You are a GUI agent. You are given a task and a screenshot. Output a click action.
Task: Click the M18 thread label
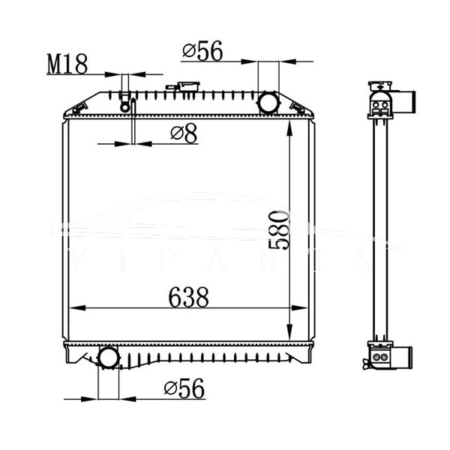point(67,64)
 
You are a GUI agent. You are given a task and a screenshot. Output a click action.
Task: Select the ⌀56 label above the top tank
point(202,51)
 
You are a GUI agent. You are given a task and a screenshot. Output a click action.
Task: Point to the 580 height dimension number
point(278,231)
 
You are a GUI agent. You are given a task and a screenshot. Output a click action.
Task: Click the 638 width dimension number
point(187,297)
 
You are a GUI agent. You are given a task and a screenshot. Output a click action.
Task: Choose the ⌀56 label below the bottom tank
point(184,388)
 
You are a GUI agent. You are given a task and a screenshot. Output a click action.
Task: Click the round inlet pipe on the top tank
point(267,101)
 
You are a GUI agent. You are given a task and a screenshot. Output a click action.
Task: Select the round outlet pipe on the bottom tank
point(109,358)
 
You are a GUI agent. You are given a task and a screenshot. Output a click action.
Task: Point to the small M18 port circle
point(125,106)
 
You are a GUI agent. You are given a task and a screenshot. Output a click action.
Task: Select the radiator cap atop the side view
point(379,85)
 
